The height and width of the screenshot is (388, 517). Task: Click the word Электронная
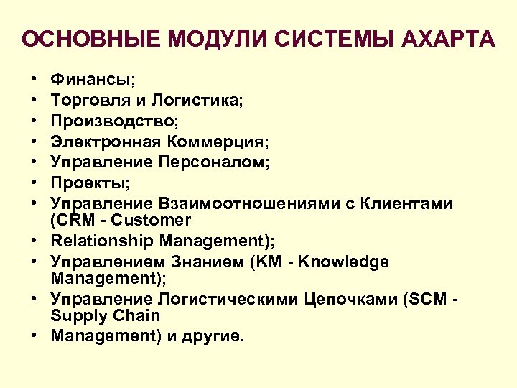pos(104,142)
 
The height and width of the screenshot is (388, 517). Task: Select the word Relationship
pos(102,241)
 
